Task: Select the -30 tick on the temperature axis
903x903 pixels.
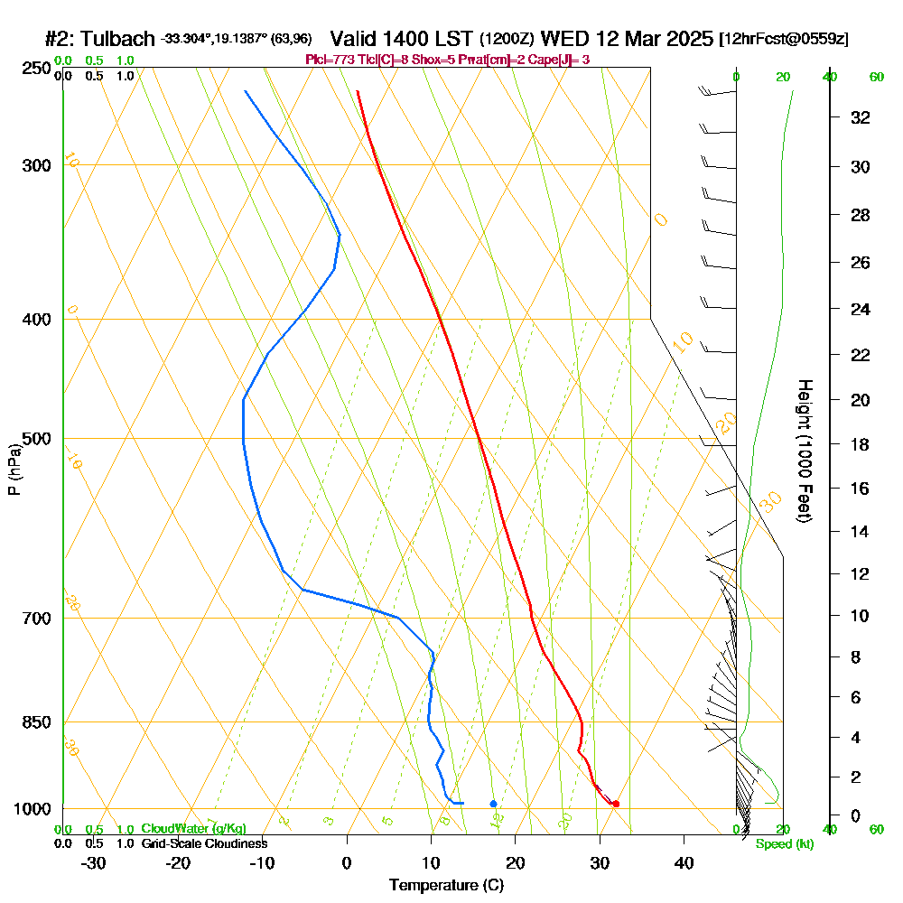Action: pos(94,863)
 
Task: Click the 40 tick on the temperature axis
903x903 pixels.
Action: pos(684,863)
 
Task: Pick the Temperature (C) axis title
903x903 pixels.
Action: pos(446,886)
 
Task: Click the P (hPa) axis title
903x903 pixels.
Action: pos(14,470)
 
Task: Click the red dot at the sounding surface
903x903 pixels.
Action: pos(616,804)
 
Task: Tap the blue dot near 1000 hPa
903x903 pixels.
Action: pos(493,803)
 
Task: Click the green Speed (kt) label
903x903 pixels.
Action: pos(784,844)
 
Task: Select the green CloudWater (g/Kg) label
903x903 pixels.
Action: pos(193,829)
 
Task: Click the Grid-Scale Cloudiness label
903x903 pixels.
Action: pos(204,843)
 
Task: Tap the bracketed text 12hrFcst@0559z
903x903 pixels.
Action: pos(783,41)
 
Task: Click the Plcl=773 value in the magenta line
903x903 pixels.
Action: pos(328,60)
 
